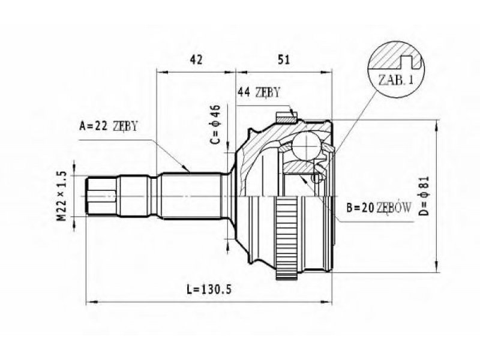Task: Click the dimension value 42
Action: (196, 59)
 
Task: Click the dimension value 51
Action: (283, 59)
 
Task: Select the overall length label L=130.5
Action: (209, 289)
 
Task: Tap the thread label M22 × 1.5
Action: (62, 196)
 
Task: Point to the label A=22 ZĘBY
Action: (109, 126)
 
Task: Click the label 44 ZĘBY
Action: (259, 92)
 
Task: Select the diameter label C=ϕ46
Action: (215, 124)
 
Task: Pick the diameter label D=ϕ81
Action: (425, 196)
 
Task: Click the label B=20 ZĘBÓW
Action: (379, 208)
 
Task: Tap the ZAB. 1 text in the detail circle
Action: (396, 80)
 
